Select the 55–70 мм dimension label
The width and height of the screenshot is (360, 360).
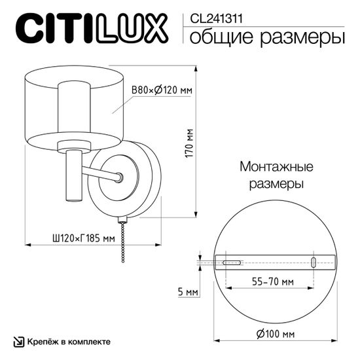tap(272, 282)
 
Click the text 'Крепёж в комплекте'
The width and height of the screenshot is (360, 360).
tap(69, 342)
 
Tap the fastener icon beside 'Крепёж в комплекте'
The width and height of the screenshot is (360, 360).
tap(18, 342)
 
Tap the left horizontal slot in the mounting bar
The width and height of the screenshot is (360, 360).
tap(231, 262)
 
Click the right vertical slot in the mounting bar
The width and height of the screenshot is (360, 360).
tap(314, 262)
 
